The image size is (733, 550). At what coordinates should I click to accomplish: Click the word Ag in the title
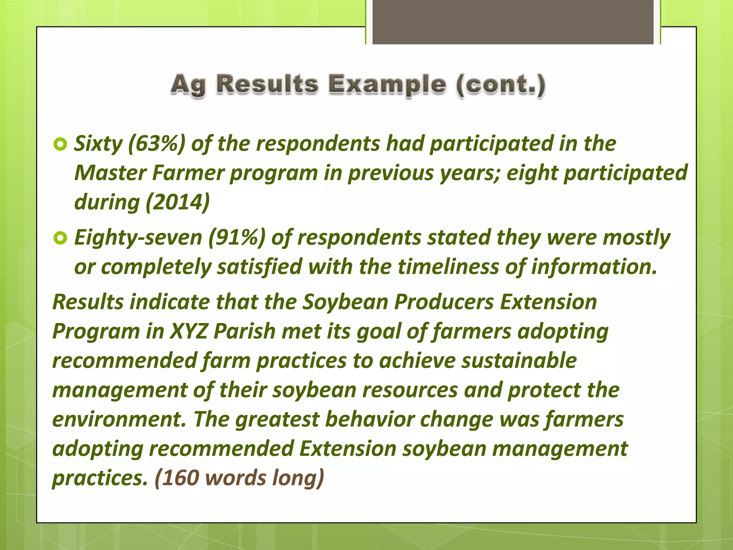tap(188, 85)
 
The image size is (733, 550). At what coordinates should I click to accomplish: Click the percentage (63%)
tap(156, 144)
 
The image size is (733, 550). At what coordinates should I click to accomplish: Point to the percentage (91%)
tap(237, 237)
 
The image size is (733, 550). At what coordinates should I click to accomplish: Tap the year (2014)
tap(178, 202)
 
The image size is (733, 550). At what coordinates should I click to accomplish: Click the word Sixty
tap(98, 144)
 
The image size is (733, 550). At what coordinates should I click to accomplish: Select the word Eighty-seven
tap(138, 237)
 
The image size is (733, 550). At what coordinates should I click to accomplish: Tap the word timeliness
tap(448, 267)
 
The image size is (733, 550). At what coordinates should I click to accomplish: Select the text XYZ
tap(188, 331)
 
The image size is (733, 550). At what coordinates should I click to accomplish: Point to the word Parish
tap(244, 331)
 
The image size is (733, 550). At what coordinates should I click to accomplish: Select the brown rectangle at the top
tap(513, 21)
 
